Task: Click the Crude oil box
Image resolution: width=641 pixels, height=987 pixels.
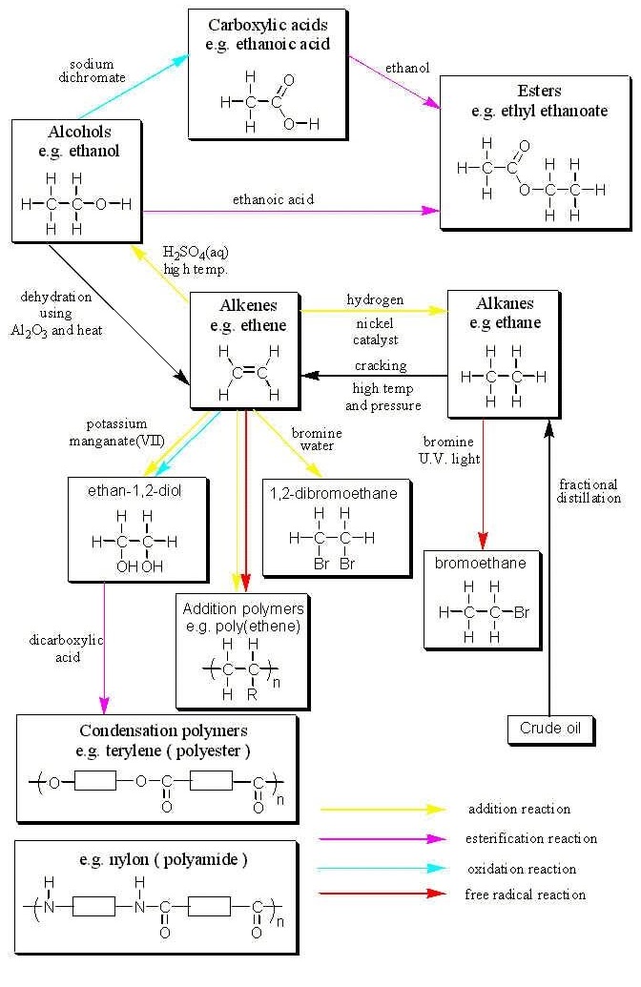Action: click(x=550, y=729)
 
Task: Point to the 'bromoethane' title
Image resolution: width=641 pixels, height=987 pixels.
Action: click(x=480, y=564)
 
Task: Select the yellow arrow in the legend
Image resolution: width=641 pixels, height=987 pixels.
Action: click(x=383, y=809)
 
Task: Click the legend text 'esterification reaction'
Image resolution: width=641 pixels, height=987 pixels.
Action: click(x=532, y=839)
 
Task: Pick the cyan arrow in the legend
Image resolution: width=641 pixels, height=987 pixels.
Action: click(x=383, y=869)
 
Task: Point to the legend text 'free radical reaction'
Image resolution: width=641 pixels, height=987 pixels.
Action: click(x=525, y=894)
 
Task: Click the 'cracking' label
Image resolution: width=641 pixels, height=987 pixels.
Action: click(x=381, y=366)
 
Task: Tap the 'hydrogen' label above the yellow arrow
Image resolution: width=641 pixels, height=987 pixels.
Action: click(x=375, y=299)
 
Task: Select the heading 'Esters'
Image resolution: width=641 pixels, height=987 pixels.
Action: click(x=539, y=93)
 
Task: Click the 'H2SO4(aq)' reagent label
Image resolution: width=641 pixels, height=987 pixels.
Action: click(x=196, y=253)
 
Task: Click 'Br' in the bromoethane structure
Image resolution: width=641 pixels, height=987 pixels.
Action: click(x=521, y=613)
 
